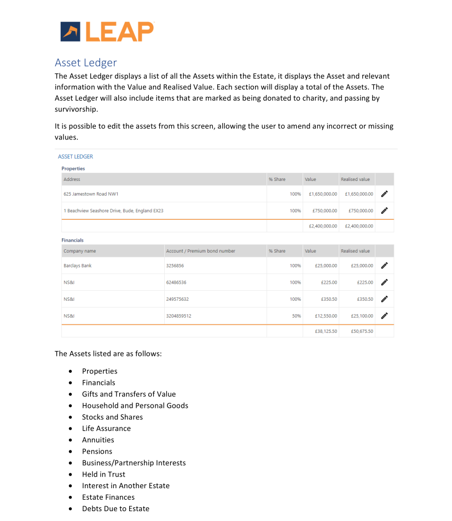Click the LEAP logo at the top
[107, 32]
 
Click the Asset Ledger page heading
[85, 62]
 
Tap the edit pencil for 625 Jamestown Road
[384, 194]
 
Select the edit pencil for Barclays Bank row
[384, 266]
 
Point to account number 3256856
[175, 266]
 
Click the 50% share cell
[295, 316]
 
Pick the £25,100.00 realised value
[358, 316]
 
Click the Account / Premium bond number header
[200, 251]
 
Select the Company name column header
[79, 251]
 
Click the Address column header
[72, 179]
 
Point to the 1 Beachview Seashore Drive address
[113, 210]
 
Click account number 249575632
[178, 299]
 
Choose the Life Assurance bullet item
[106, 429]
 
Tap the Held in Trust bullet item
[103, 475]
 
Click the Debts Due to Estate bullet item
[115, 509]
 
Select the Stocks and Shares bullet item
[112, 417]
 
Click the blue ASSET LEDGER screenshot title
[76, 156]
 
